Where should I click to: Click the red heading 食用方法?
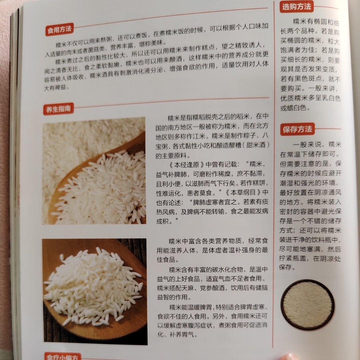tap(59, 29)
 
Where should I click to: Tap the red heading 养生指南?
tap(59, 109)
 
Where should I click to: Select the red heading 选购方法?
tap(296, 7)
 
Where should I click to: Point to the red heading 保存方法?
tap(297, 129)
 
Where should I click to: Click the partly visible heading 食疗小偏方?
tap(62, 356)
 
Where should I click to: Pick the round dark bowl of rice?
tap(308, 304)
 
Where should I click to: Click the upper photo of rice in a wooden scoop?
tap(94, 171)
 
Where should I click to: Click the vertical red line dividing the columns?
tap(273, 174)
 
